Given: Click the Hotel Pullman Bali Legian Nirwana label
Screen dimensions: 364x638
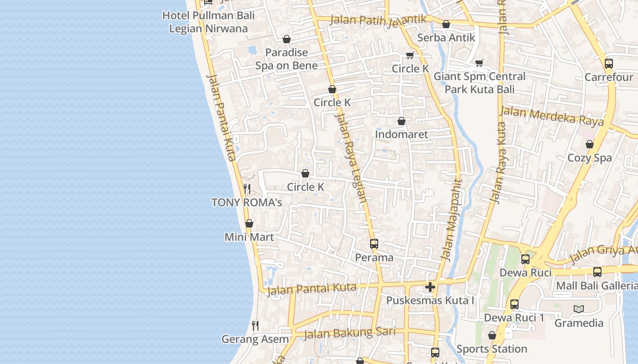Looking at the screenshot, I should click(208, 22).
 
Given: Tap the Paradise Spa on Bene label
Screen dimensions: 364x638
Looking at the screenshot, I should click(287, 59).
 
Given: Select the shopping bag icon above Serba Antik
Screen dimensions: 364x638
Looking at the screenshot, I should click(446, 24).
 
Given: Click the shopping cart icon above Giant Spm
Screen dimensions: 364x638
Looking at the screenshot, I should click(479, 63).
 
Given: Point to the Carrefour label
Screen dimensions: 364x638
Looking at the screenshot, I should click(609, 77).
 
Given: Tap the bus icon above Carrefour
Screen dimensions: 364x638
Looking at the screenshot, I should click(609, 64).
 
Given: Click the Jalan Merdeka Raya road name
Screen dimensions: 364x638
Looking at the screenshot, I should click(551, 116).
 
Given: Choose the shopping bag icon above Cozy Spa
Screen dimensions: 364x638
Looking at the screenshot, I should click(590, 145).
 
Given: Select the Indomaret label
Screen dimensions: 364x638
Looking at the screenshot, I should click(401, 134).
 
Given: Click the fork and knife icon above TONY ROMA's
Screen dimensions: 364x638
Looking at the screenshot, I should click(247, 189).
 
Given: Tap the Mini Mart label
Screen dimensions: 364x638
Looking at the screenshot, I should click(249, 237).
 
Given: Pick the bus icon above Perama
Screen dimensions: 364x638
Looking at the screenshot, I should click(374, 244).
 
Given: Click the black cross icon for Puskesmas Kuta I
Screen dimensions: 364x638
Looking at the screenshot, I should click(430, 287).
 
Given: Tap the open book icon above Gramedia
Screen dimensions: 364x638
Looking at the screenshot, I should click(579, 309).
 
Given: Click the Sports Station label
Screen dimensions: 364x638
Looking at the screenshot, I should click(492, 349).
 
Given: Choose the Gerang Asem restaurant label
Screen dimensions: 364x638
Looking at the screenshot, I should click(255, 339).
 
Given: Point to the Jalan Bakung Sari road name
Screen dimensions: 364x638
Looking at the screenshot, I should click(350, 333).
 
